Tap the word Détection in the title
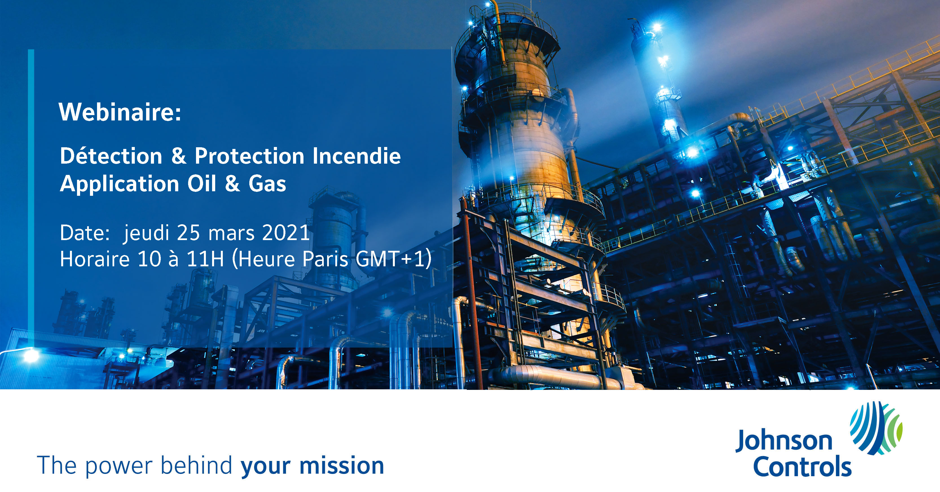[x=111, y=156]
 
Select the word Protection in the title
[x=249, y=156]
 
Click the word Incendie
[x=356, y=156]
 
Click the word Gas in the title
[x=267, y=184]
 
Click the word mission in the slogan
[x=342, y=466]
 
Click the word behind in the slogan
[x=196, y=465]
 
